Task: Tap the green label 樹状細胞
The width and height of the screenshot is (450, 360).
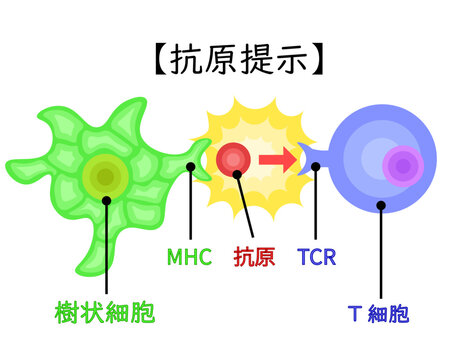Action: [105, 314]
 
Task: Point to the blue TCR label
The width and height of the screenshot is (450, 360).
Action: [316, 257]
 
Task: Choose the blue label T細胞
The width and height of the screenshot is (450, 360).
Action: [379, 314]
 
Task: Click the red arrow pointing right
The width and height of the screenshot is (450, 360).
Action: [278, 158]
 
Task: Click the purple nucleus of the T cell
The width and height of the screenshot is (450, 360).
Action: [402, 166]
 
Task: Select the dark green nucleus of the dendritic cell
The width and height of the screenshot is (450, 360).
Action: [104, 177]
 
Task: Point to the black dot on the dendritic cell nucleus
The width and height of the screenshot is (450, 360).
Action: [107, 199]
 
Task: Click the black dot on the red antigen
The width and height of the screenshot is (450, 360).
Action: [238, 173]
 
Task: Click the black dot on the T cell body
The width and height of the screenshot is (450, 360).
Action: [380, 205]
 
